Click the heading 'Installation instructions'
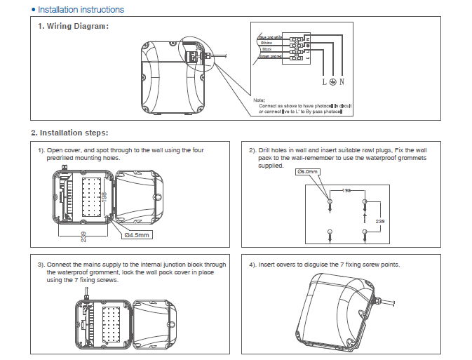tap(81, 10)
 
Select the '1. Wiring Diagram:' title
tap(74, 27)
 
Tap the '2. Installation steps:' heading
tap(69, 133)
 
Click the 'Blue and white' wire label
tap(270, 36)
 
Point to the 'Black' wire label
tap(267, 49)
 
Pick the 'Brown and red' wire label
tap(271, 56)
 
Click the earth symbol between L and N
tap(332, 82)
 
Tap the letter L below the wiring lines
tap(324, 82)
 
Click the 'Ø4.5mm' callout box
tap(137, 235)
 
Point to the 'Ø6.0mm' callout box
tap(309, 172)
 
